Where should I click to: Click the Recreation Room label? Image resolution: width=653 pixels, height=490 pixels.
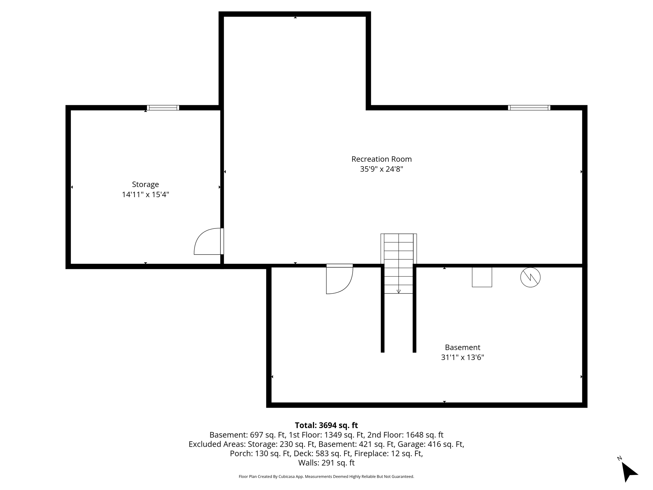[x=381, y=159]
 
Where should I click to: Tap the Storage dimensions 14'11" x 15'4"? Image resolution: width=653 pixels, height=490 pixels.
[x=145, y=195]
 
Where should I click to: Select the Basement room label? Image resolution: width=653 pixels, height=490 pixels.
[x=462, y=347]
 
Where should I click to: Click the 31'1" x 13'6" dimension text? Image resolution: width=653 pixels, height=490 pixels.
[x=462, y=358]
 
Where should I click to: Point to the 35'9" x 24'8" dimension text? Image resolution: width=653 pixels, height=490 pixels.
[x=381, y=169]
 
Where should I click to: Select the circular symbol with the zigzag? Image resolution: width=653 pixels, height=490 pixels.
[x=530, y=277]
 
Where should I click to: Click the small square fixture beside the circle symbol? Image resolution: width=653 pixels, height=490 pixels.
[x=482, y=277]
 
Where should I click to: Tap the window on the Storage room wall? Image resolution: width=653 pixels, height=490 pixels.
[x=163, y=108]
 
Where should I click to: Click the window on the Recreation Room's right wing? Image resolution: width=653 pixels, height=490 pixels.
[x=529, y=108]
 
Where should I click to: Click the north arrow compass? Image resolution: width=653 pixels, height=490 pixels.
[x=629, y=471]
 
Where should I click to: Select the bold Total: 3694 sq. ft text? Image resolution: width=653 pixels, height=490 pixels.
[x=326, y=425]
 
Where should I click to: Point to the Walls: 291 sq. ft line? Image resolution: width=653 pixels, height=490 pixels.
[x=326, y=463]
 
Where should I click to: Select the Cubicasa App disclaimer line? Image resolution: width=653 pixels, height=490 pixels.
[x=326, y=477]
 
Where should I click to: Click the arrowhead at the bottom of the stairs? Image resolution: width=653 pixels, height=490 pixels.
[x=398, y=291]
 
